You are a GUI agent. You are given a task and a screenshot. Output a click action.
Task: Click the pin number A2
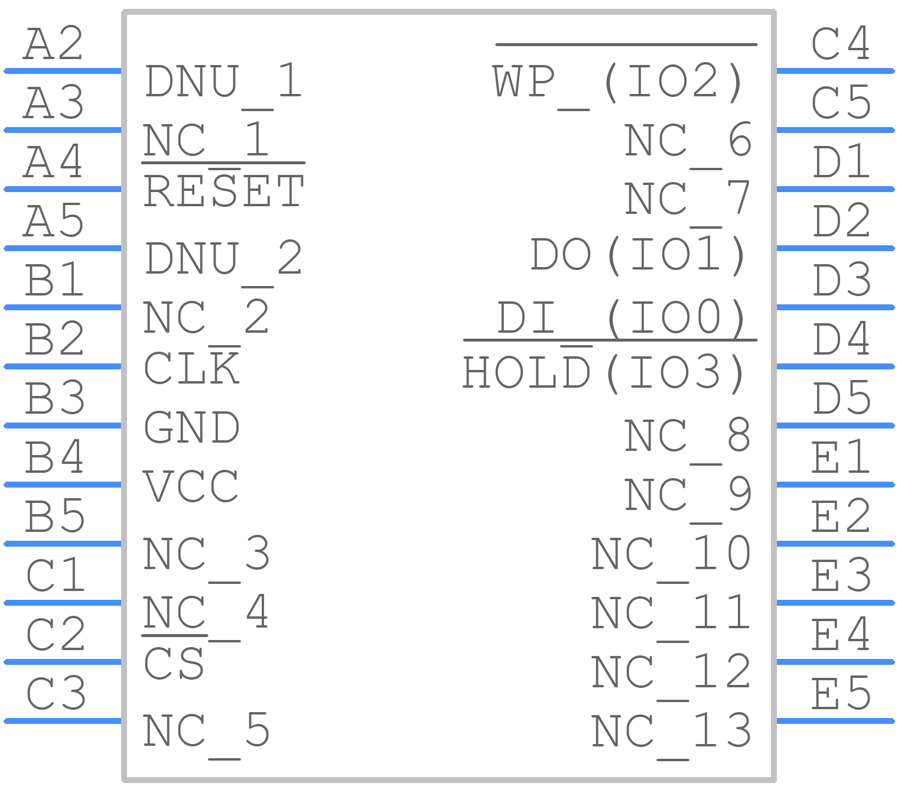pos(53,44)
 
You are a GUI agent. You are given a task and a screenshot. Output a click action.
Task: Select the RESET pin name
pos(224,191)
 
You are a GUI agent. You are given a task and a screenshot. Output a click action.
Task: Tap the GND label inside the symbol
pos(191,427)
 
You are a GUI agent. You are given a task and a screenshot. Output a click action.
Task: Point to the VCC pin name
pos(190,486)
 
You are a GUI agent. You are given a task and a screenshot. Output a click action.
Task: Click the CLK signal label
pos(191,368)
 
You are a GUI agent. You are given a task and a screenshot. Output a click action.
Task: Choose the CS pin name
pos(174,664)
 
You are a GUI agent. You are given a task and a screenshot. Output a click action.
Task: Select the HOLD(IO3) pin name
pos(603,373)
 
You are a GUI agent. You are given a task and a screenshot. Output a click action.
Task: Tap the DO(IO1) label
pos(637,255)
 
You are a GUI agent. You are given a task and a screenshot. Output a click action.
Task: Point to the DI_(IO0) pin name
pos(620,318)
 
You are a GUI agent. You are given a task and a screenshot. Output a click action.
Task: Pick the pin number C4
pos(841,44)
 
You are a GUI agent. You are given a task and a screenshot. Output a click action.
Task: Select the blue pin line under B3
pos(63,426)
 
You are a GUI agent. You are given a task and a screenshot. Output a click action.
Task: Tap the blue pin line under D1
pos(836,189)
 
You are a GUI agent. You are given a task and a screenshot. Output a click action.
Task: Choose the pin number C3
pos(56,693)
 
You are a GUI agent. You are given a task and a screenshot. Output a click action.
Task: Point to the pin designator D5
pos(841,398)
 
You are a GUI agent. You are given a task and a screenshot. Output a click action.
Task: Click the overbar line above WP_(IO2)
pos(626,44)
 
